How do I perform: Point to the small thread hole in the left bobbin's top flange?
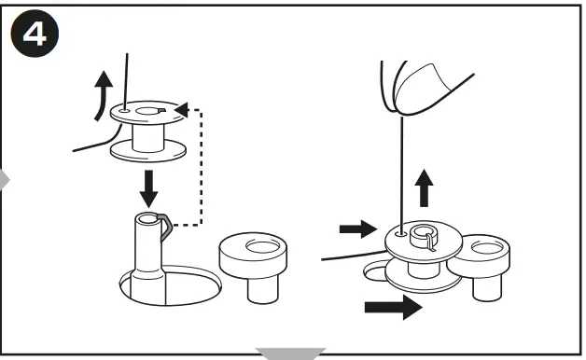click(x=125, y=110)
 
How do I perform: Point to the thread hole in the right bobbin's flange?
click(x=398, y=235)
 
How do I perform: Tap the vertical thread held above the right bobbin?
click(x=398, y=168)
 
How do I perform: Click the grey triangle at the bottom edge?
click(x=292, y=353)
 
